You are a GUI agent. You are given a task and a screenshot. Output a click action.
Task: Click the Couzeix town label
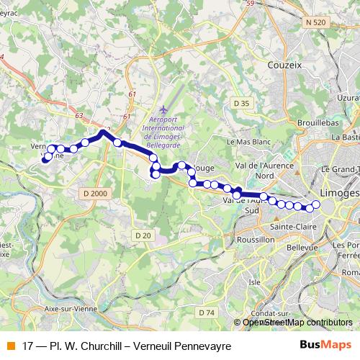point(284,65)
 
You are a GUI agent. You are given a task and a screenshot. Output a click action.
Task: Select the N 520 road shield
point(315,23)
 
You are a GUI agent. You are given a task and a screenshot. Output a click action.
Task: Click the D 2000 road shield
point(94,193)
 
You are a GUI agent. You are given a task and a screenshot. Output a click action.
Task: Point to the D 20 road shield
point(143,235)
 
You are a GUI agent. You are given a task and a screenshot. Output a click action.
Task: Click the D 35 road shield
point(242,104)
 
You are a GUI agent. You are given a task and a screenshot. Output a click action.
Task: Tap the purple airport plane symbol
point(164,109)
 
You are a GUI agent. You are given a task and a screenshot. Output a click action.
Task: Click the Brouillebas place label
point(318,123)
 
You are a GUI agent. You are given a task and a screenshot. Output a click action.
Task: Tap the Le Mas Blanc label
point(248,142)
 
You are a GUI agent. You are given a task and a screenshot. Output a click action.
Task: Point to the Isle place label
point(254,282)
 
